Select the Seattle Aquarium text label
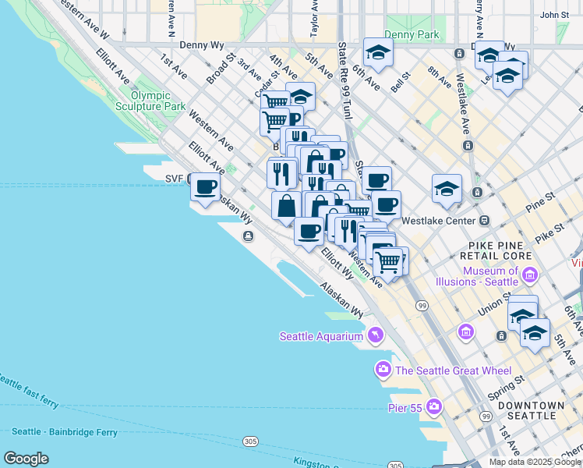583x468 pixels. pos(321,336)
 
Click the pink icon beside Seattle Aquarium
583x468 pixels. pos(376,335)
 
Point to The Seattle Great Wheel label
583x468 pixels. pos(453,370)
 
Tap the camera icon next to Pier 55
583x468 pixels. pos(434,406)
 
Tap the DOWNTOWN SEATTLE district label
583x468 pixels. pos(532,410)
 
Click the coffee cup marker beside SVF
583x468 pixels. pos(206,188)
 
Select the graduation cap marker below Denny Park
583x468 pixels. pos(378,53)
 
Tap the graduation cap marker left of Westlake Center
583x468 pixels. pos(447,190)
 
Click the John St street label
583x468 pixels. pos(554,14)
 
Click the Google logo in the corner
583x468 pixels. pos(26,459)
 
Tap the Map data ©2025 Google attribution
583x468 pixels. pos(535,462)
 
